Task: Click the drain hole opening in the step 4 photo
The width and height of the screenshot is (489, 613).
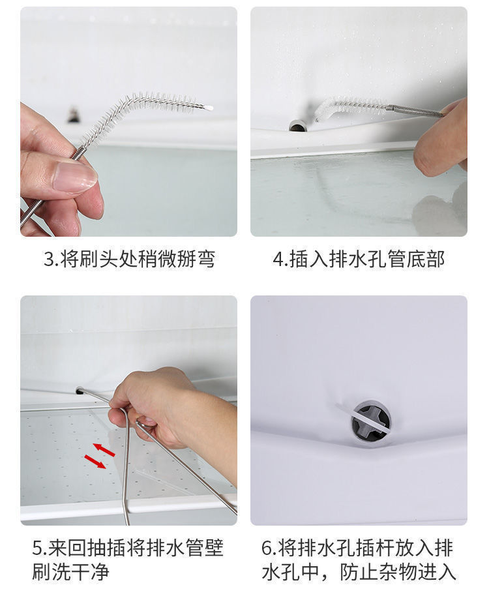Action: (297, 126)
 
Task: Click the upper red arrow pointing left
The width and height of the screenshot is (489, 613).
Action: (104, 449)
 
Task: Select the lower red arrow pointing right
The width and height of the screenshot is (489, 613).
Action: (95, 462)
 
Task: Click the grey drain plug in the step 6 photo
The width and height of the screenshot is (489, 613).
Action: (370, 421)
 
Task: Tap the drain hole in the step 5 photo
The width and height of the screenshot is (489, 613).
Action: (80, 390)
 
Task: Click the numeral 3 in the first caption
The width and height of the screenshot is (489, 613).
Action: (49, 259)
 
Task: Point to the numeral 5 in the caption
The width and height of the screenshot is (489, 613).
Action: (38, 548)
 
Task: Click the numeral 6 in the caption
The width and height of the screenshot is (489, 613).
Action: (267, 548)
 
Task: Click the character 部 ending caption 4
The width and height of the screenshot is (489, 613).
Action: (435, 259)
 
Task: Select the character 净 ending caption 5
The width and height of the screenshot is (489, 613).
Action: (100, 572)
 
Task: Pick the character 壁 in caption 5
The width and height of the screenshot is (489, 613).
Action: (214, 548)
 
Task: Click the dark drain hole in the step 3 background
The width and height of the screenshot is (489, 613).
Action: (73, 113)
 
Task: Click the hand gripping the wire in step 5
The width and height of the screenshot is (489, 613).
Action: (172, 410)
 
